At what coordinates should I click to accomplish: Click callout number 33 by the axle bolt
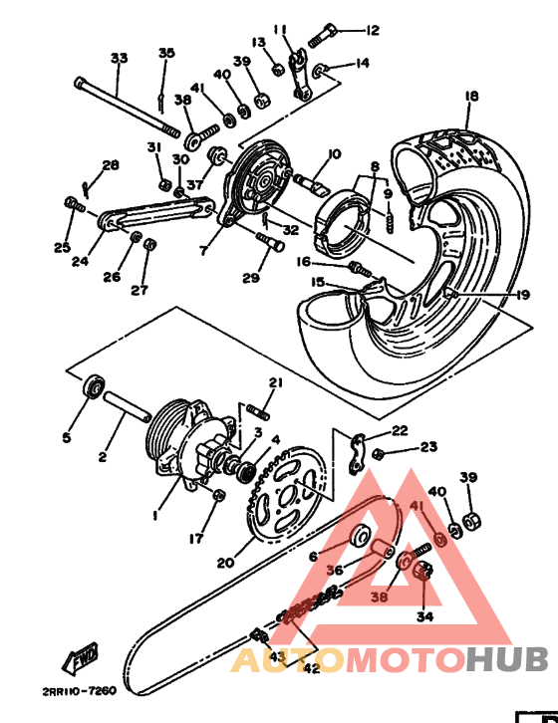[119, 59]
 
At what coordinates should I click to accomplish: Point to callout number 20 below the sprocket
[226, 563]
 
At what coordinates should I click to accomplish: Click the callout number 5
[67, 437]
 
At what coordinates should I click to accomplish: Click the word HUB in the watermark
[506, 659]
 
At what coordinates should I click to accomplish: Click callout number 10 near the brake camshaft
[333, 153]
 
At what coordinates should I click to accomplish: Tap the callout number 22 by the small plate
[399, 430]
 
